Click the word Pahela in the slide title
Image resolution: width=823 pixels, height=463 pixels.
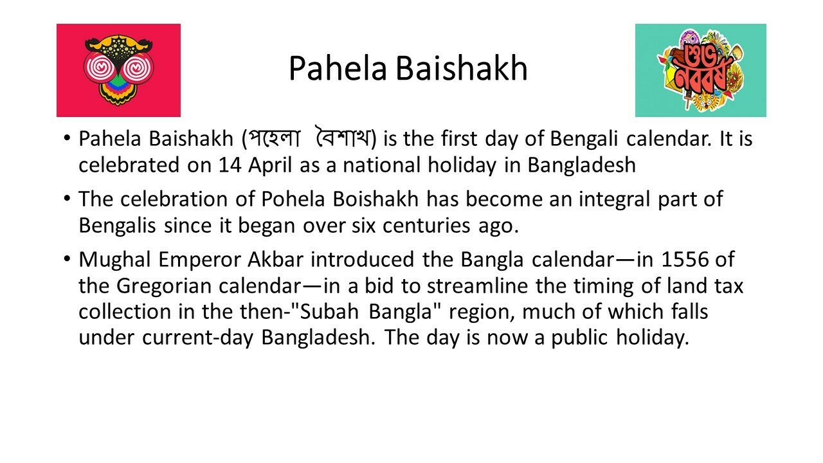338,68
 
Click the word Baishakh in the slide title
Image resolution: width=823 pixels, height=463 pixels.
462,68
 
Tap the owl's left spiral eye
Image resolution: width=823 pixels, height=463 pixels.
100,68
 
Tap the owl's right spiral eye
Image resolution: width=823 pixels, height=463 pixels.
138,68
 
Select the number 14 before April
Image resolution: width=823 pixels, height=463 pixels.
230,165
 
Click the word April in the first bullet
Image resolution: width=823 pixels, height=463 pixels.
270,166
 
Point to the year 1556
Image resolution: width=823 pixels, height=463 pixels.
685,259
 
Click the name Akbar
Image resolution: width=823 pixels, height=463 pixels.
276,259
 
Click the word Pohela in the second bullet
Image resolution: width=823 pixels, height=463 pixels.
293,199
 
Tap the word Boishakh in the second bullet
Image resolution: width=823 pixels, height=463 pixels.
375,199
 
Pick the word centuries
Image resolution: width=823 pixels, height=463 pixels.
426,226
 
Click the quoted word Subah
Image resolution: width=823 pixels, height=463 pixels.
329,312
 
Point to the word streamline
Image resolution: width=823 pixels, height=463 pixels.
477,286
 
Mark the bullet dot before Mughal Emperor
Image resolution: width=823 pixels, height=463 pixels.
66,259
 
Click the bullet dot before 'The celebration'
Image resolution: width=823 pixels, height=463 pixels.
66,199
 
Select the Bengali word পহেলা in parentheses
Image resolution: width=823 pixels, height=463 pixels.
274,139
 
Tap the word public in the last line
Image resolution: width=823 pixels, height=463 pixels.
579,338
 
